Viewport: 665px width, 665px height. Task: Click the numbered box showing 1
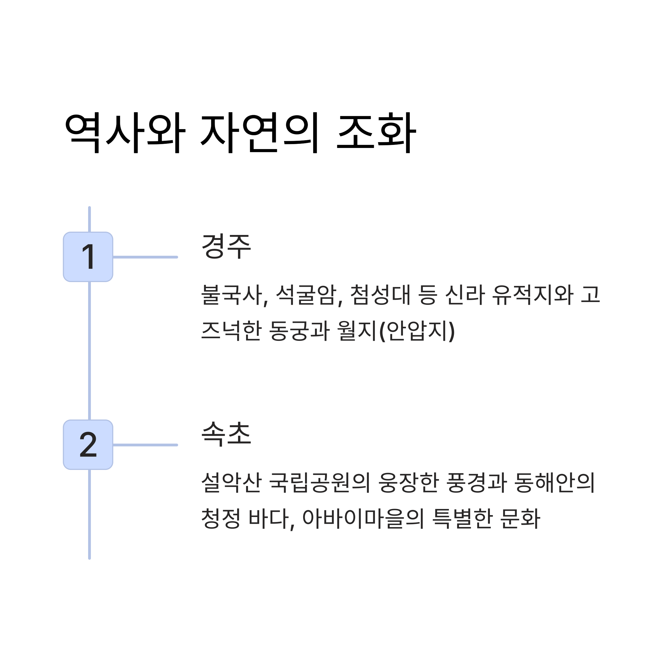[88, 257]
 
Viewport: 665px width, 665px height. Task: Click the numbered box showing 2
[88, 445]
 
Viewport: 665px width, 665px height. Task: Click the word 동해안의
[554, 483]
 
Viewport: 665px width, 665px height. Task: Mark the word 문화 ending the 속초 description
[520, 518]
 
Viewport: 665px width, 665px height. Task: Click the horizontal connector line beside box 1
[145, 257]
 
